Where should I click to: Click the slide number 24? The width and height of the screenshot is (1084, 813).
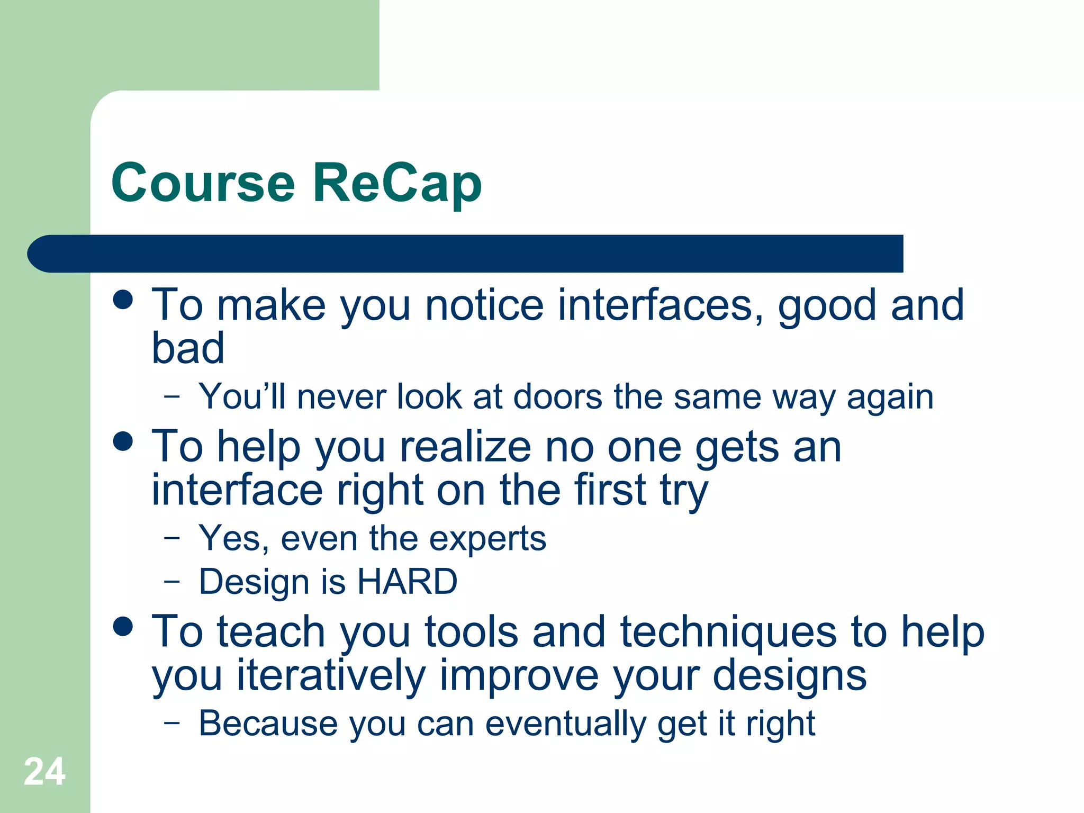pyautogui.click(x=44, y=772)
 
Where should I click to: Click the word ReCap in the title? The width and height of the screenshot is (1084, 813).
pyautogui.click(x=397, y=183)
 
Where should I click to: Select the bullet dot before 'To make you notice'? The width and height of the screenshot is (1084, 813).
pyautogui.click(x=123, y=299)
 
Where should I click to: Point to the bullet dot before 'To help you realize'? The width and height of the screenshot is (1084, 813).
pyautogui.click(x=123, y=441)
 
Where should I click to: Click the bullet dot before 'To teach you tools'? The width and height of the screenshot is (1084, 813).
pyautogui.click(x=123, y=626)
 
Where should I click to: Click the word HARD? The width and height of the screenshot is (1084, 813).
pyautogui.click(x=407, y=582)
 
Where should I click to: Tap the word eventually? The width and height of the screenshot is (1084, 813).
pyautogui.click(x=566, y=724)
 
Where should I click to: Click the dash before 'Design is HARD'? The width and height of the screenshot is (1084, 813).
pyautogui.click(x=171, y=581)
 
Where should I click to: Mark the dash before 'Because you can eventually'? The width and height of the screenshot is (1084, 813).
pyautogui.click(x=171, y=722)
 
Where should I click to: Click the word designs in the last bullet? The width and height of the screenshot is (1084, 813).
pyautogui.click(x=789, y=676)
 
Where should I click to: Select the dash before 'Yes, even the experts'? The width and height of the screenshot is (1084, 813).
pyautogui.click(x=171, y=538)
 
